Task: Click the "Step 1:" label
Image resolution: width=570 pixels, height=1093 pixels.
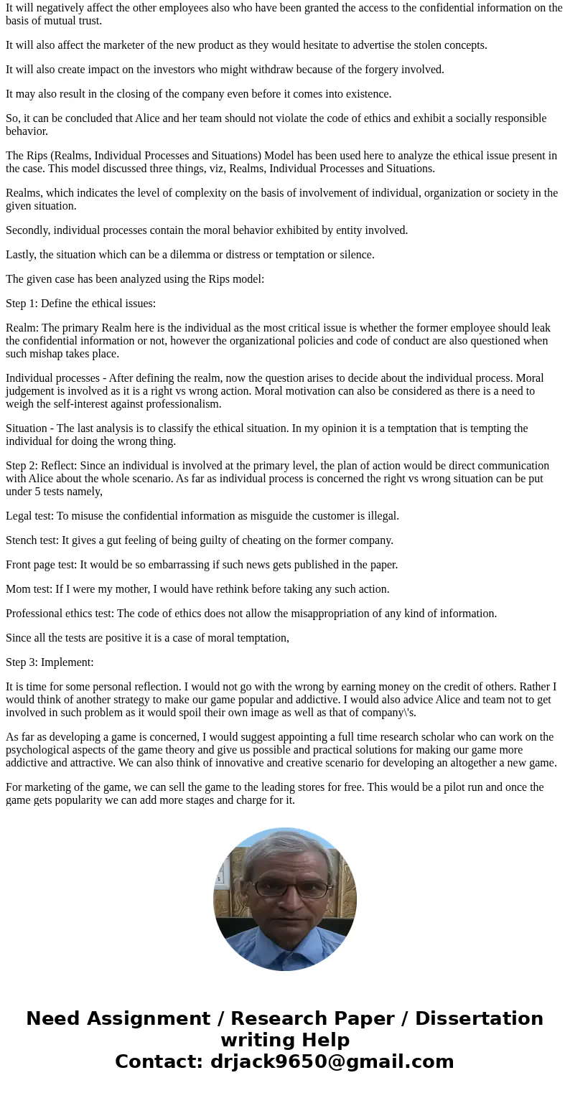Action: (x=20, y=304)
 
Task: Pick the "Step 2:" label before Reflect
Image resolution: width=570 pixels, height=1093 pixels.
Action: (x=20, y=466)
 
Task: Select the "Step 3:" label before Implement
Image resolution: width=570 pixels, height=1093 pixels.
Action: (x=20, y=662)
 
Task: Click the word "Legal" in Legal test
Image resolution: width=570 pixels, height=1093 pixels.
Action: (x=19, y=516)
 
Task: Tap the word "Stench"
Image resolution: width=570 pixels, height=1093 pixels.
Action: (x=22, y=540)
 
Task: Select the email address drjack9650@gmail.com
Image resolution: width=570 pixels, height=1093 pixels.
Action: (x=332, y=1062)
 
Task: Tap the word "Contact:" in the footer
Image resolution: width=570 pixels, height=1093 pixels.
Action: (x=159, y=1062)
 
